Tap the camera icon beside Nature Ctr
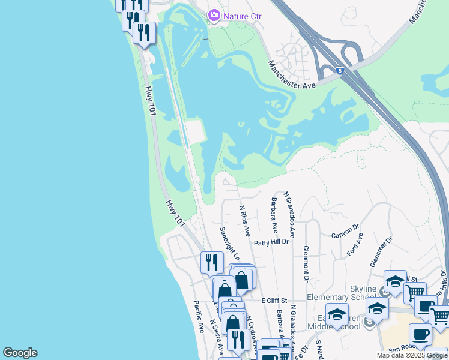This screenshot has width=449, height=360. point(214,16)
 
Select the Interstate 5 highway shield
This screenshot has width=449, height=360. point(340,71)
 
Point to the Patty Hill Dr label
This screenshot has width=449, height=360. point(271,242)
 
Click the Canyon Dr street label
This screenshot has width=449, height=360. point(345,232)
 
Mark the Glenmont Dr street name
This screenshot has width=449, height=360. point(306,263)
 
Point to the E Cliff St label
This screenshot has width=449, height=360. point(275,300)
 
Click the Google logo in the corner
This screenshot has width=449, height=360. point(20,353)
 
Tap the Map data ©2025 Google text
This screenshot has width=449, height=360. point(412,355)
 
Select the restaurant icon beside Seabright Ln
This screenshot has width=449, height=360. point(211,262)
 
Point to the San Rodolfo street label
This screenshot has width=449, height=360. point(402,349)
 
